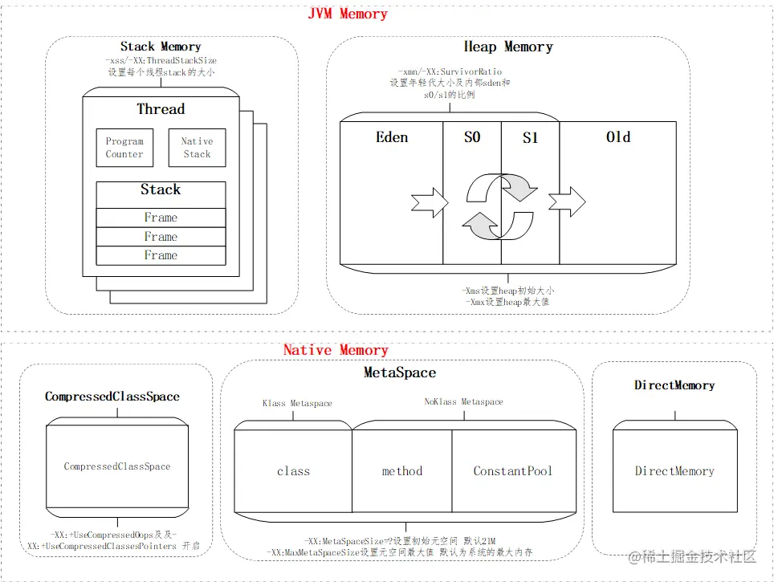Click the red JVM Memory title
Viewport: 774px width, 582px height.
(x=348, y=14)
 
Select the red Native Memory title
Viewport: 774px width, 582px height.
(x=336, y=350)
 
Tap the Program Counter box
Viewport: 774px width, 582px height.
(x=124, y=148)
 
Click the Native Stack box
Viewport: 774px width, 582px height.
(x=197, y=148)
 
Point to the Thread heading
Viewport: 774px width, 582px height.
(x=161, y=109)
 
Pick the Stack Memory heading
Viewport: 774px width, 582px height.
(x=161, y=47)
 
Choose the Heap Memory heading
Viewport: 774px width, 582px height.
(x=508, y=47)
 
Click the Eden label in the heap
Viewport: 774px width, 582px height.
(x=392, y=137)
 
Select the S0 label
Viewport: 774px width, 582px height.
(x=472, y=137)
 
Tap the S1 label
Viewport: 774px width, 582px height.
(x=530, y=138)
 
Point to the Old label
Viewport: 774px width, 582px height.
(x=618, y=137)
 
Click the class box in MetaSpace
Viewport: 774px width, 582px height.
(x=293, y=471)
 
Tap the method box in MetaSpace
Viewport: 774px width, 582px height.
(x=402, y=471)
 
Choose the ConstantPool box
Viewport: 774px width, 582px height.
(x=513, y=471)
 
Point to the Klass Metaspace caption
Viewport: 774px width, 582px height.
(x=297, y=403)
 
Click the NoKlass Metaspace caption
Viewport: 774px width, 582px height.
(x=464, y=401)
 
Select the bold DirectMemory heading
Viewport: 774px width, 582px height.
(x=674, y=385)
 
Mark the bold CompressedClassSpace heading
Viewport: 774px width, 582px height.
(x=112, y=397)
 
